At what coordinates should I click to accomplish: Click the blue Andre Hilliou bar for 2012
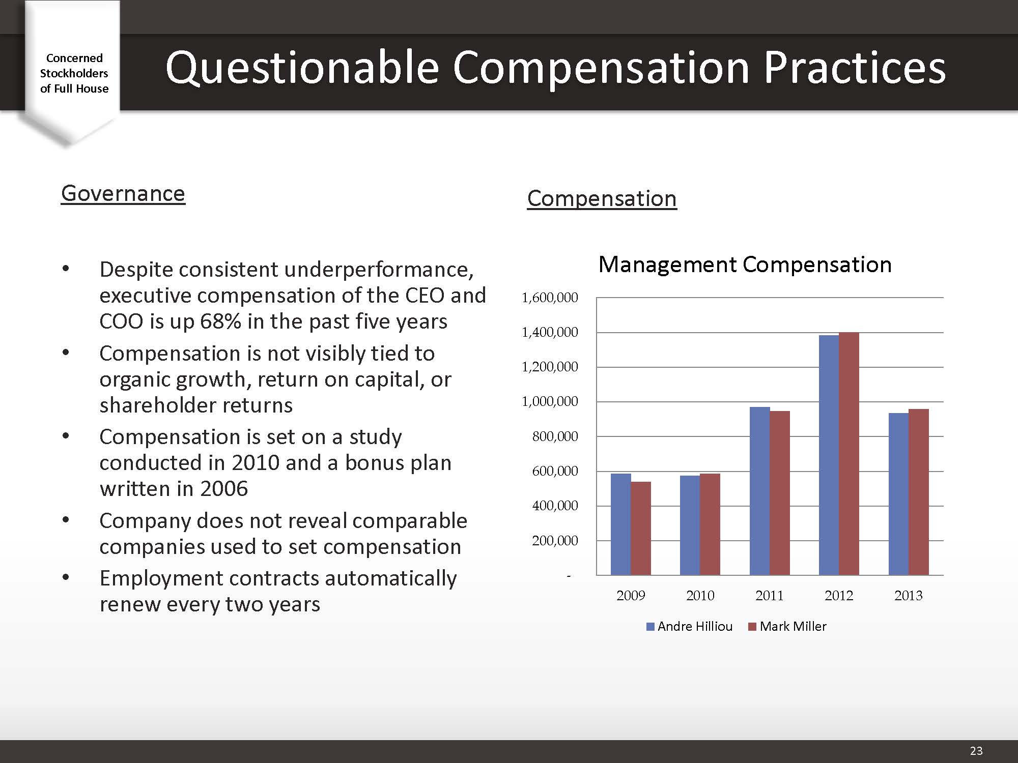tap(829, 455)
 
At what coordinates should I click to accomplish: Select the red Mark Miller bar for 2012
tap(849, 454)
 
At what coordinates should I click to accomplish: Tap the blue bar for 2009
tap(620, 524)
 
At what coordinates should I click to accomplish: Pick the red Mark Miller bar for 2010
tap(710, 524)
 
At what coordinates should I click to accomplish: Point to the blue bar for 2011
tap(759, 491)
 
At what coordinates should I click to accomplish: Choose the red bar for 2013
tap(919, 492)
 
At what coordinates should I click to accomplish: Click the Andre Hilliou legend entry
tap(689, 626)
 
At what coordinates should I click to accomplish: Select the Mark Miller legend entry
tap(787, 626)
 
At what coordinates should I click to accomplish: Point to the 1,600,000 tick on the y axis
tap(550, 298)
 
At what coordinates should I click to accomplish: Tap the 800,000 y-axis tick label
tap(555, 436)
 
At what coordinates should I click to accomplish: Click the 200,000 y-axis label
tap(555, 541)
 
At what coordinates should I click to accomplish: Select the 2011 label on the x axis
tap(770, 595)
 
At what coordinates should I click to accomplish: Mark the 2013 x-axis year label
tap(909, 595)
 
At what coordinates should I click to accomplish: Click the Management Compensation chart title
tap(745, 265)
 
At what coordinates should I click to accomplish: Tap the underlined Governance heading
tap(123, 193)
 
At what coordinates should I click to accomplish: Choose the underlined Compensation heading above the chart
tap(602, 198)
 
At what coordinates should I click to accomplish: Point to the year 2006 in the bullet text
tap(224, 488)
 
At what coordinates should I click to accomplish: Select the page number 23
tap(976, 751)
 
